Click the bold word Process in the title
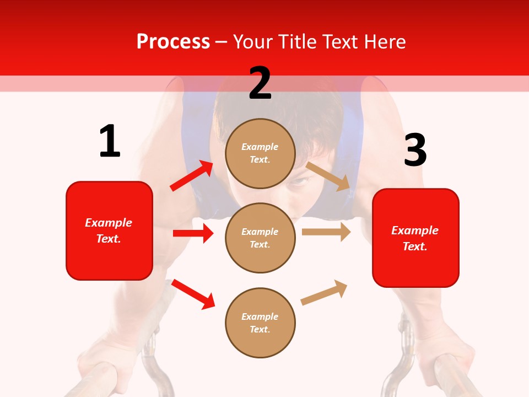173,41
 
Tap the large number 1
110,141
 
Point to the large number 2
260,83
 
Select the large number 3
415,150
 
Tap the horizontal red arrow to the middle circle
193,233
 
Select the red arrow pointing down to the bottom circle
193,294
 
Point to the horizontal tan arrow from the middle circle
326,232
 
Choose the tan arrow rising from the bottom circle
324,292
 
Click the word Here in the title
386,41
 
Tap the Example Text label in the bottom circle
260,323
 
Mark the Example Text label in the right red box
415,238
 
